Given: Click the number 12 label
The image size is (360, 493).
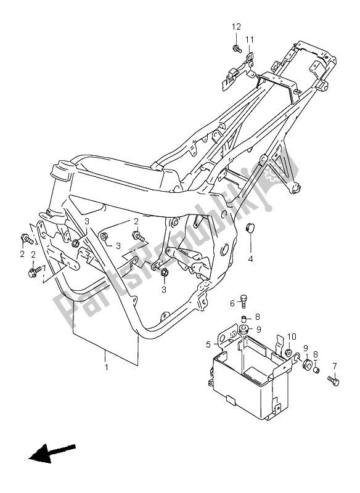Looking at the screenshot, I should (235, 26).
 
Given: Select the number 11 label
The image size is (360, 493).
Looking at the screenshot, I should (250, 40).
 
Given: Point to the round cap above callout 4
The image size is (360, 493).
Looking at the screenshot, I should (250, 229).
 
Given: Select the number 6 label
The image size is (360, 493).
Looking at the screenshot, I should (233, 303).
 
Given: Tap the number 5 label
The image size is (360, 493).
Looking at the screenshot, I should (209, 344).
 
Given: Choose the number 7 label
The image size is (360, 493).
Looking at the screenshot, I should (335, 366).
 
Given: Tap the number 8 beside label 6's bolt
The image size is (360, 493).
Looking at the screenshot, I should (257, 317).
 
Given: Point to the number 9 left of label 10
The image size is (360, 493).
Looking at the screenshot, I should (259, 328).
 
